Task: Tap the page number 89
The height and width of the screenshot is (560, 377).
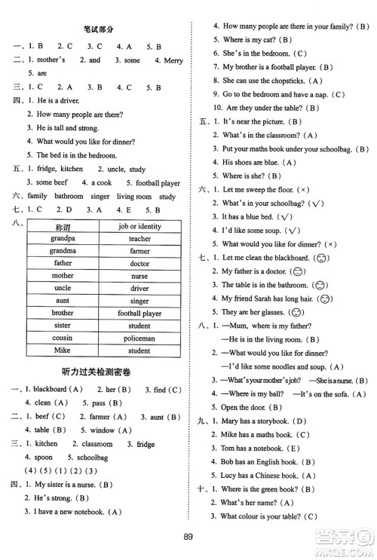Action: [188, 537]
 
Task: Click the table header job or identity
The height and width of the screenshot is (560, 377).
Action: [139, 226]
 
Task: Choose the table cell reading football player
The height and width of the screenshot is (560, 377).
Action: [139, 314]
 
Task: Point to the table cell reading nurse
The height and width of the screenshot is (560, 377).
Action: [139, 276]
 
